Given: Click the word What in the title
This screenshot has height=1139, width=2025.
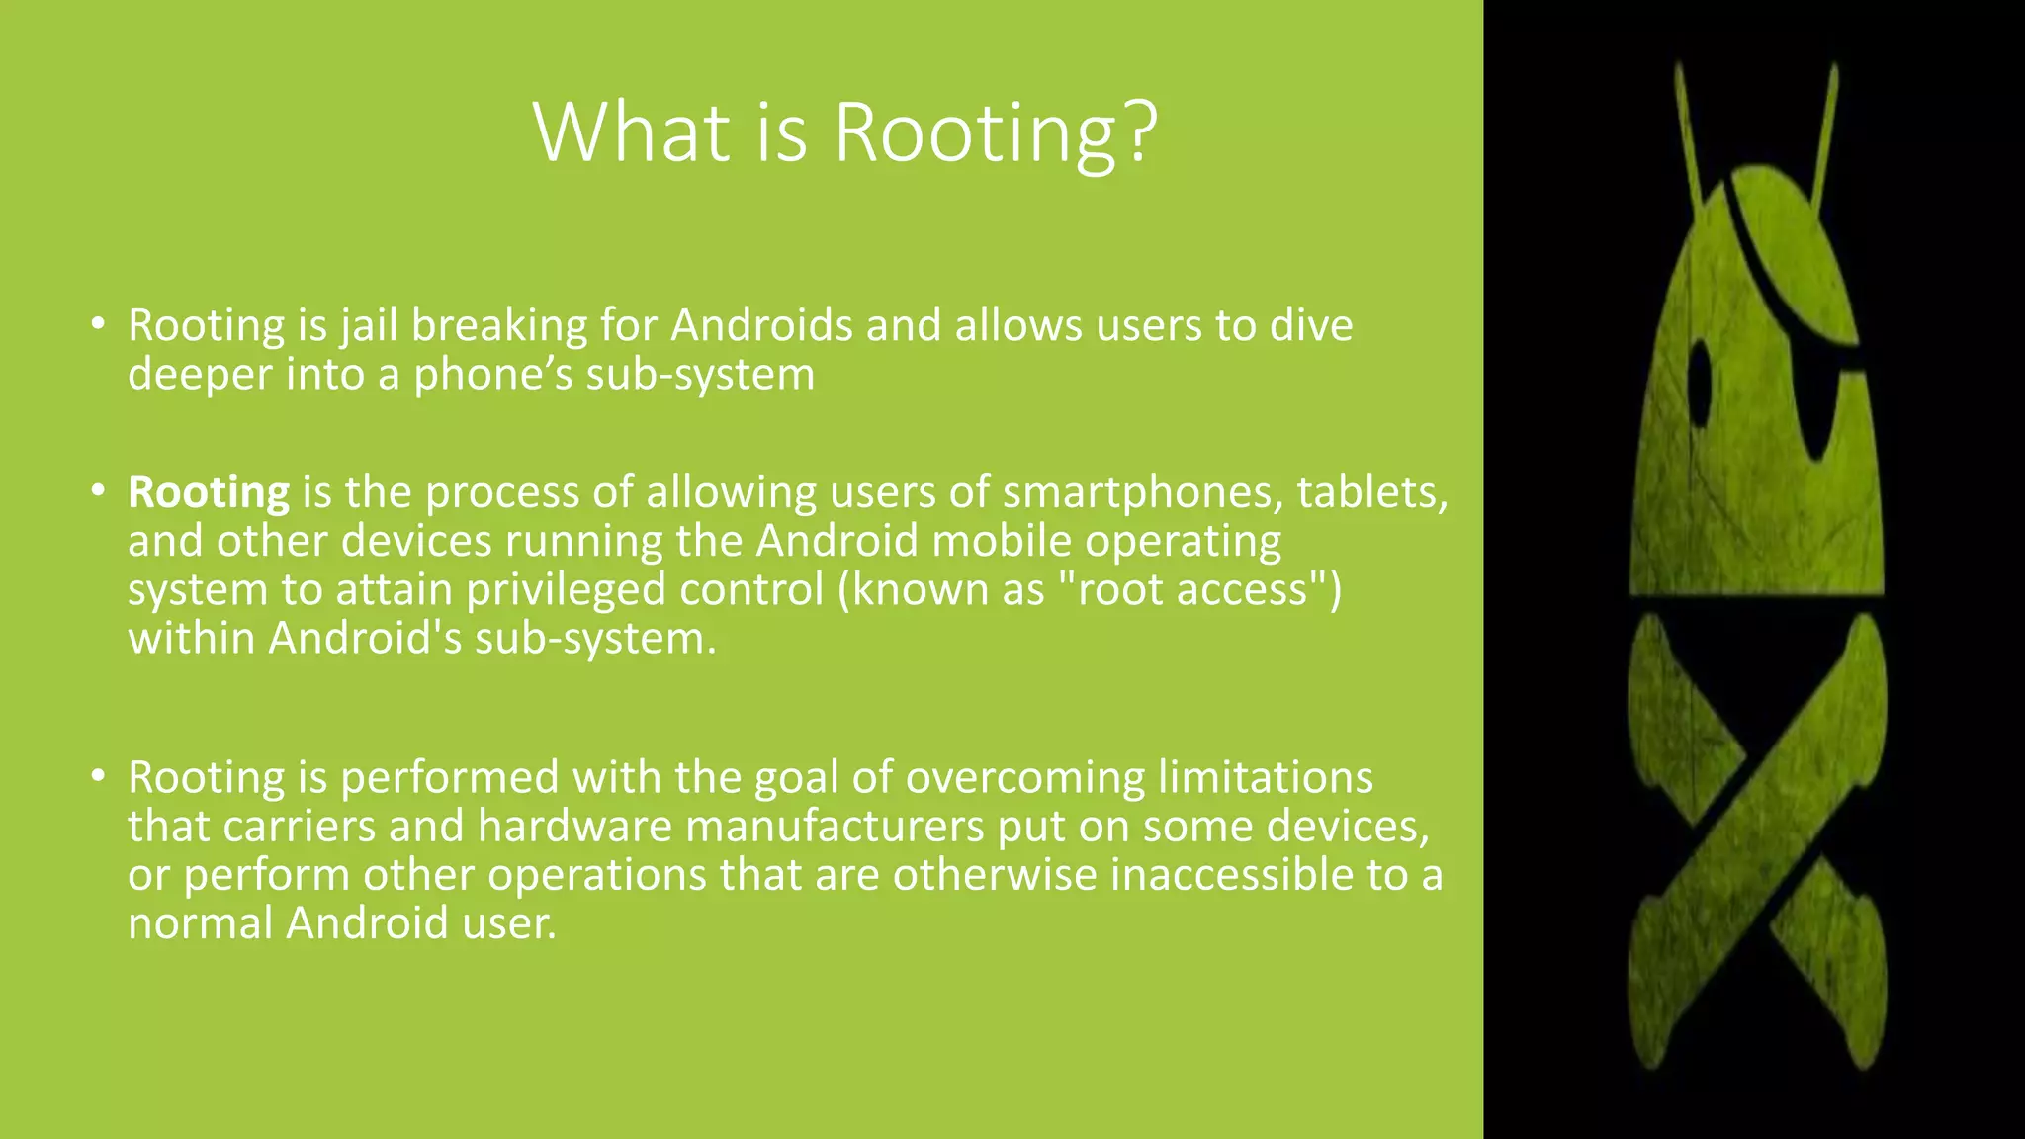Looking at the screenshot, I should [x=631, y=131].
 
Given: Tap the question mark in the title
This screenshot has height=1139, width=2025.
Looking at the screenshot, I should [x=1140, y=131].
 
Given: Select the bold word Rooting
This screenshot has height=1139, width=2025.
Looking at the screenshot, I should [x=209, y=492].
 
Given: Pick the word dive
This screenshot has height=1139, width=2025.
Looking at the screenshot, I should [x=1310, y=325].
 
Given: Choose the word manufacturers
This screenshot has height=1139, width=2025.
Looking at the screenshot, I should [x=835, y=827].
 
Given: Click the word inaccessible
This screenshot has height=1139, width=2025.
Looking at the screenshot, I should [x=1232, y=875].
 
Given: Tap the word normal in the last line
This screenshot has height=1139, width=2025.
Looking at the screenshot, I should [x=201, y=923].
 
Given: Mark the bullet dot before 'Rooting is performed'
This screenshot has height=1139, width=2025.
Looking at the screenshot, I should [x=97, y=777].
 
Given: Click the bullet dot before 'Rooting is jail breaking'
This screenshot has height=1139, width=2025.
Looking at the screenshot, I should [x=97, y=324].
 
